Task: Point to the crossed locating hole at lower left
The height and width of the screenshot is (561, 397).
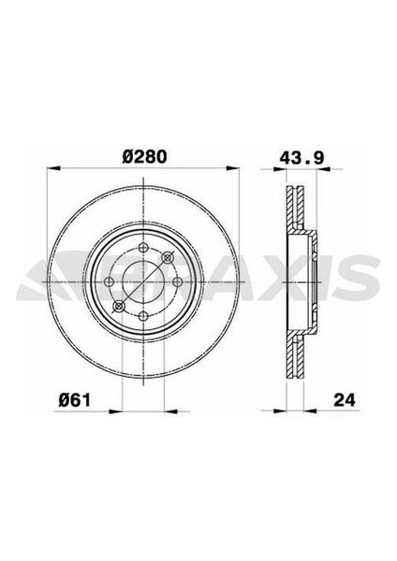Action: (x=117, y=305)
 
